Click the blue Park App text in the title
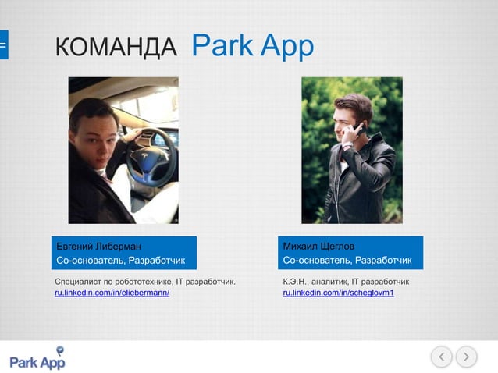(x=252, y=45)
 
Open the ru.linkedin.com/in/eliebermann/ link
(x=112, y=292)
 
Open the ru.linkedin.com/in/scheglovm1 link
(x=338, y=292)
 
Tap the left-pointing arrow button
(x=442, y=357)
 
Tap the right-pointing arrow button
(x=467, y=357)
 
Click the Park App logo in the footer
(x=37, y=362)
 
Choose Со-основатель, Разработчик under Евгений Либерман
(x=120, y=260)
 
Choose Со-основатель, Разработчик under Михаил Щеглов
(x=347, y=260)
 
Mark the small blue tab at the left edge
(x=3, y=45)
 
